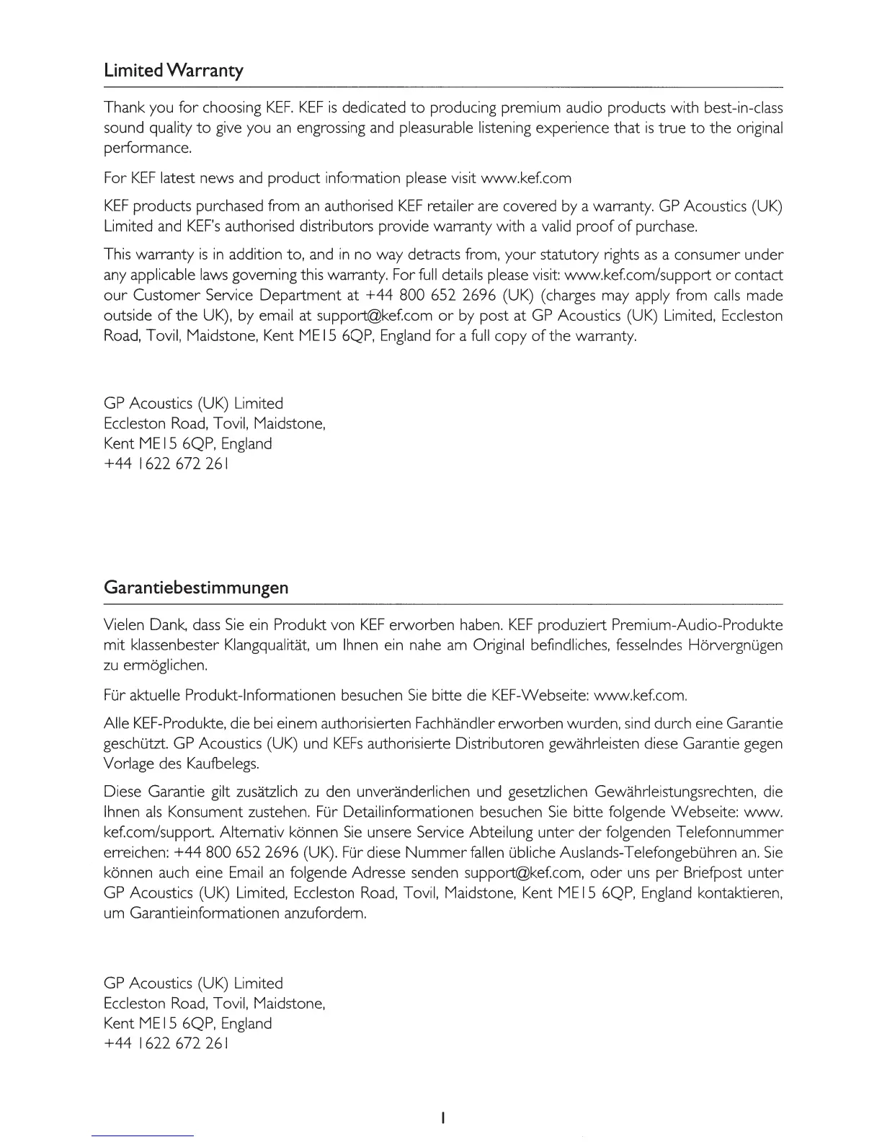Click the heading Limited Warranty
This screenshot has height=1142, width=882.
pos(174,71)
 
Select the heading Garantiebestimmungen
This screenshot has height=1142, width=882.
pos(196,588)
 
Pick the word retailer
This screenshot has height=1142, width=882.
pos(454,207)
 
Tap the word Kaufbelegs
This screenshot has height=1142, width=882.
pos(223,763)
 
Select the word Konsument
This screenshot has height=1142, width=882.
pos(208,813)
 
